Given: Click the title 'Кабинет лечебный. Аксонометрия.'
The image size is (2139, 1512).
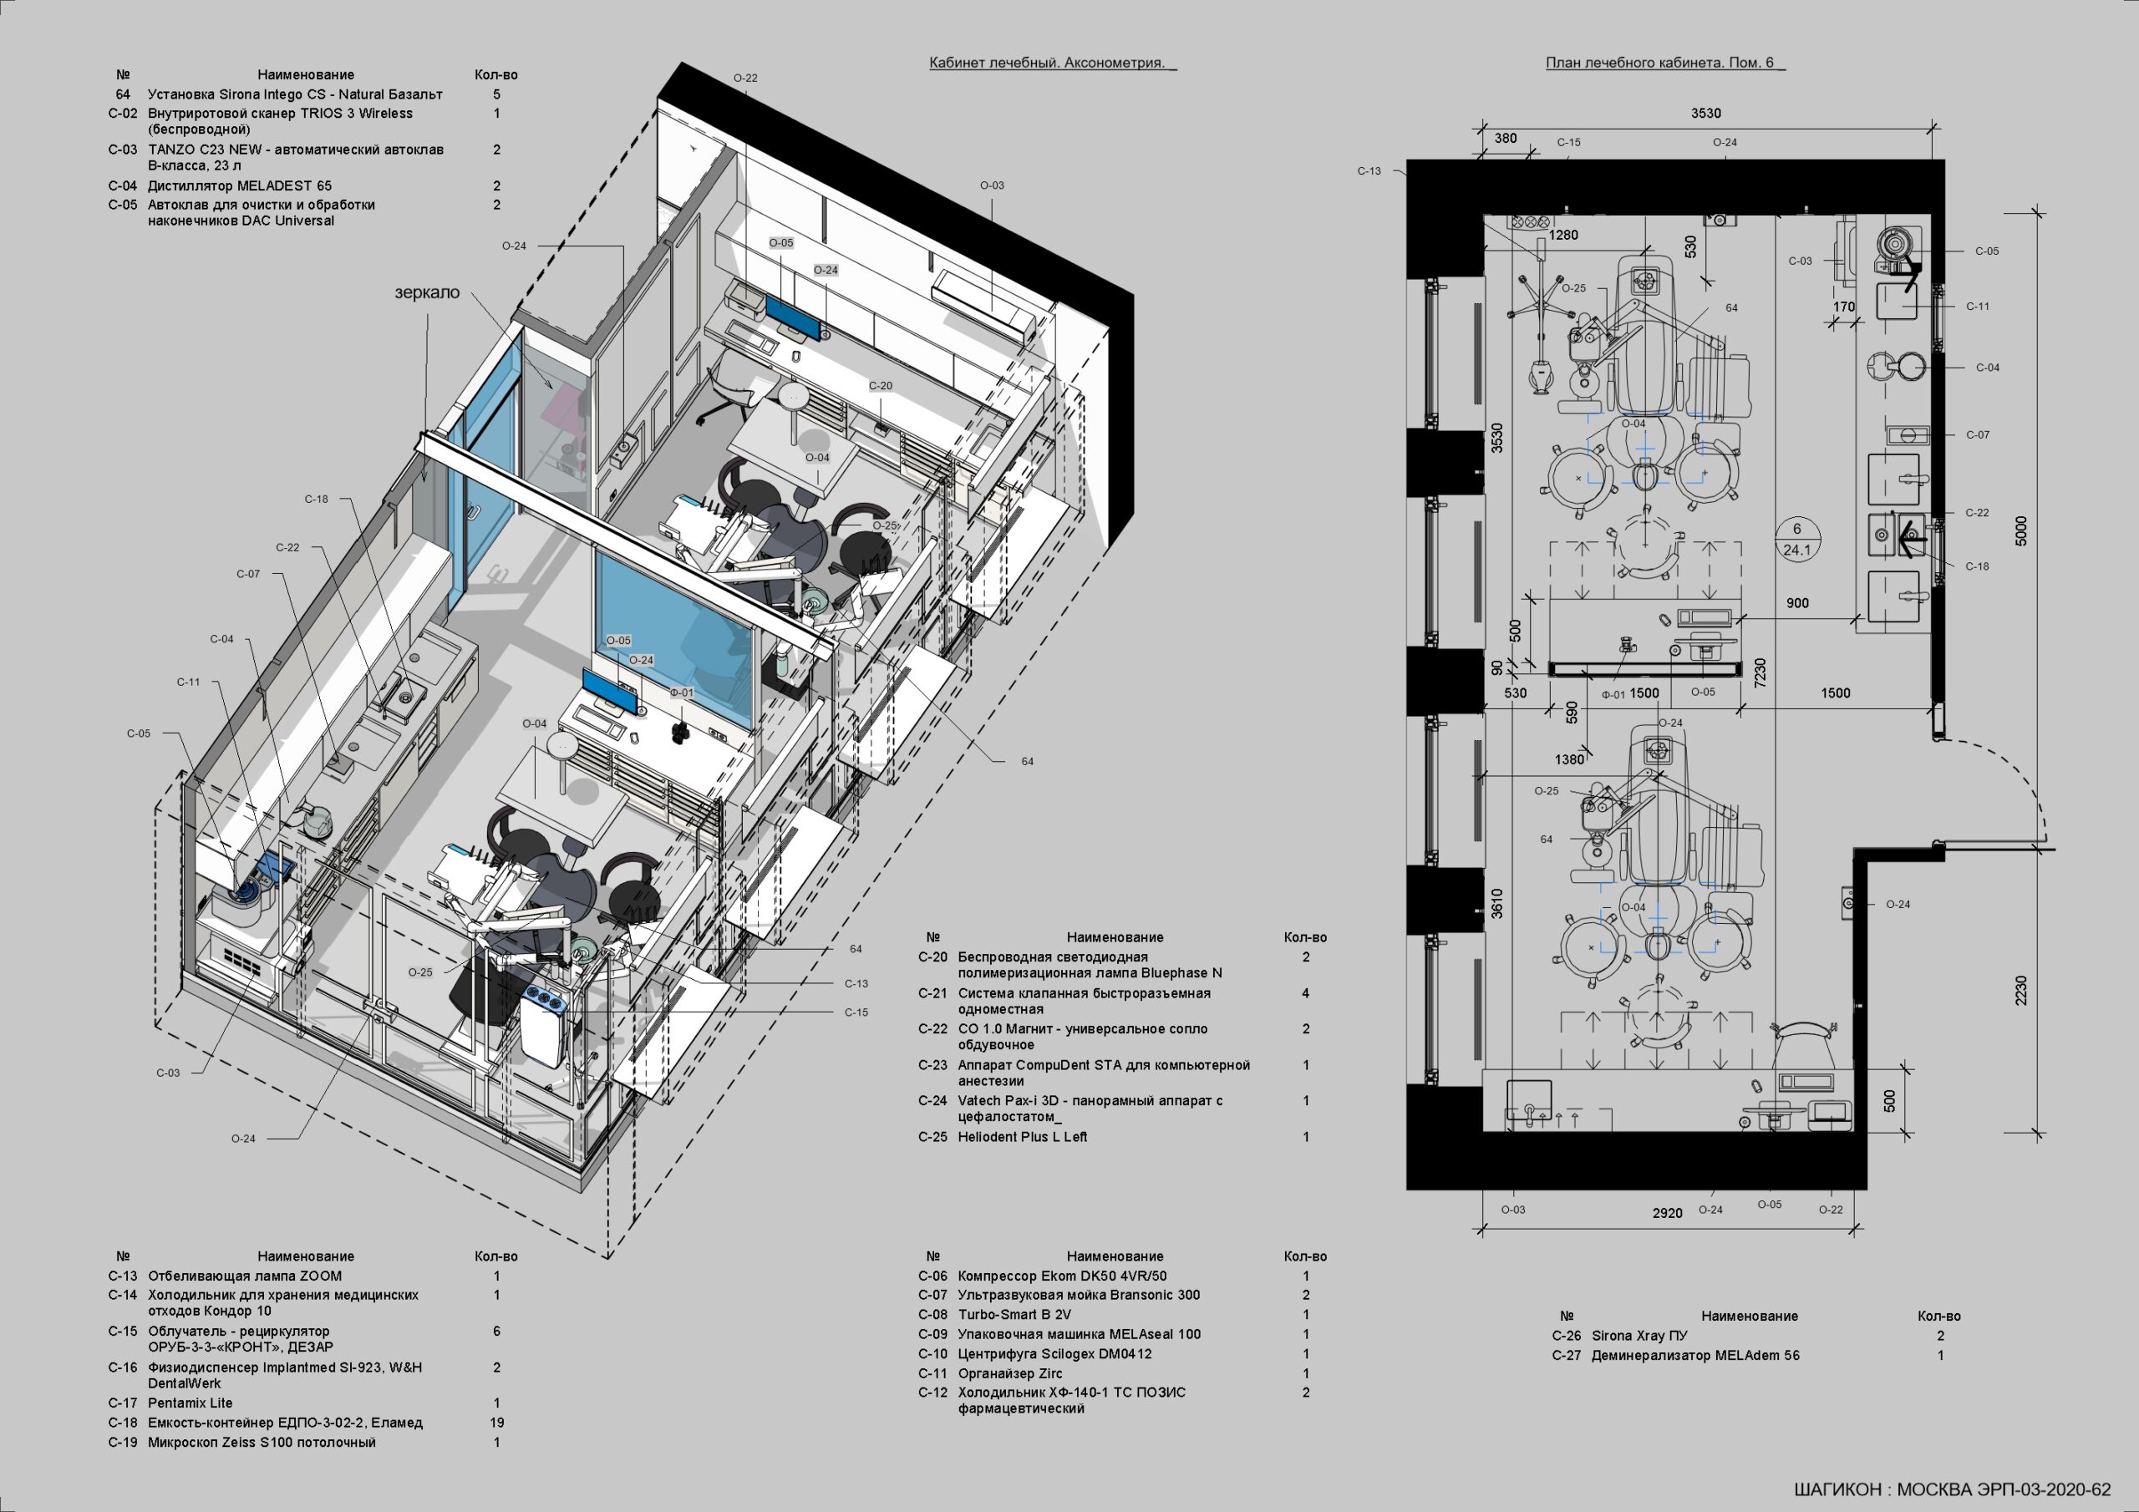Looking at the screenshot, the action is pyautogui.click(x=1047, y=63).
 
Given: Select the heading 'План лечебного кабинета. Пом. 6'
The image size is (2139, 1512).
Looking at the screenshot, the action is pyautogui.click(x=1660, y=63).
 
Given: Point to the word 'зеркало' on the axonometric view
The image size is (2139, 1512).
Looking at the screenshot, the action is pyautogui.click(x=427, y=292).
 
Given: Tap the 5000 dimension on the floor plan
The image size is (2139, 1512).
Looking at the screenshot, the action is pyautogui.click(x=2020, y=531).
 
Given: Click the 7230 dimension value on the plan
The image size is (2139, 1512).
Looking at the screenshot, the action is pyautogui.click(x=1760, y=673).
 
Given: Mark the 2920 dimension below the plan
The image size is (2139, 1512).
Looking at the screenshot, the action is pyautogui.click(x=1668, y=1213).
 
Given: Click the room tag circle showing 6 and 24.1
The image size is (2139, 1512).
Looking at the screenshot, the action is pyautogui.click(x=1797, y=540).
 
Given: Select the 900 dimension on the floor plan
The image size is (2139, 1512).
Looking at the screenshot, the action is pyautogui.click(x=1797, y=604).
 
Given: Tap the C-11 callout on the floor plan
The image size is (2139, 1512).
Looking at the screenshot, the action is pyautogui.click(x=1977, y=306).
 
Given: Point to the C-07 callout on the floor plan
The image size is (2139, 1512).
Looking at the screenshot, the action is pyautogui.click(x=1977, y=434).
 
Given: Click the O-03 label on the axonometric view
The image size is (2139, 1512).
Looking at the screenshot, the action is pyautogui.click(x=992, y=185).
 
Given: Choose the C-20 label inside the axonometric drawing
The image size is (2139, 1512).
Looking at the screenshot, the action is pyautogui.click(x=881, y=386).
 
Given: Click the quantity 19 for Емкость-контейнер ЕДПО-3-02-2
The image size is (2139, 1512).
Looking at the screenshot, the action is pyautogui.click(x=496, y=1423).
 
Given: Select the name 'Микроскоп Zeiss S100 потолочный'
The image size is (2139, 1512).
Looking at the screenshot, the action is pyautogui.click(x=262, y=1442).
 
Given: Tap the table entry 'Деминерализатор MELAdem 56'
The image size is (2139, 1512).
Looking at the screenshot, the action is pyautogui.click(x=1695, y=1356).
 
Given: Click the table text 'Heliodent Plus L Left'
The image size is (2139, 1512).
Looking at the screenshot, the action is pyautogui.click(x=1022, y=1137).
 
